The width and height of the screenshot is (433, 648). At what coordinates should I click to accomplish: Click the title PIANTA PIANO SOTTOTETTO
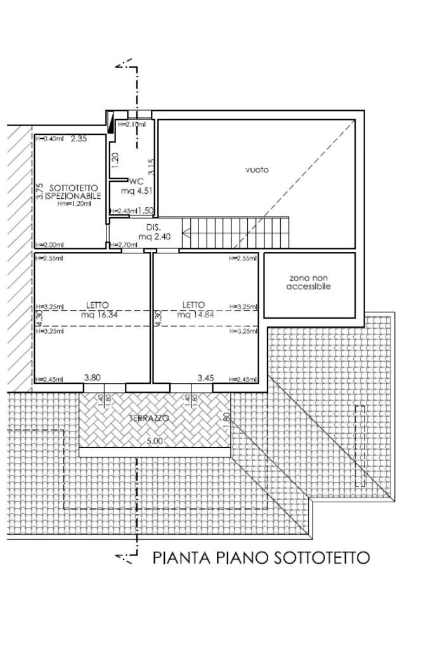[261, 558]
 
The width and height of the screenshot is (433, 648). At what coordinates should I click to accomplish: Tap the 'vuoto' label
[257, 170]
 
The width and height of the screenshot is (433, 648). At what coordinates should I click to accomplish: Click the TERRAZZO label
[149, 419]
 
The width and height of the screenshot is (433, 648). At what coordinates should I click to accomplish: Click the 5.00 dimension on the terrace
[155, 441]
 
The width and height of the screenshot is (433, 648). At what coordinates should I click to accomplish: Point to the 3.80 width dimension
[92, 378]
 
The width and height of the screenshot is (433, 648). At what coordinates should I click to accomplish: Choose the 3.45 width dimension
[205, 378]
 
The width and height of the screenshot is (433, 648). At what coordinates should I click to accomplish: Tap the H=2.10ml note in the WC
[131, 125]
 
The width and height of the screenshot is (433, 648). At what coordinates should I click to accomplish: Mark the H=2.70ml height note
[124, 245]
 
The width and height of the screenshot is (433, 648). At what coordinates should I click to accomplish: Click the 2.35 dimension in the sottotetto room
[79, 139]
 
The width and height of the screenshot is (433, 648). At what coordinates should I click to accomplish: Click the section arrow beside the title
[126, 557]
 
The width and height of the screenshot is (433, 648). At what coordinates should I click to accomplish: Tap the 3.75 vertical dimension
[40, 192]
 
